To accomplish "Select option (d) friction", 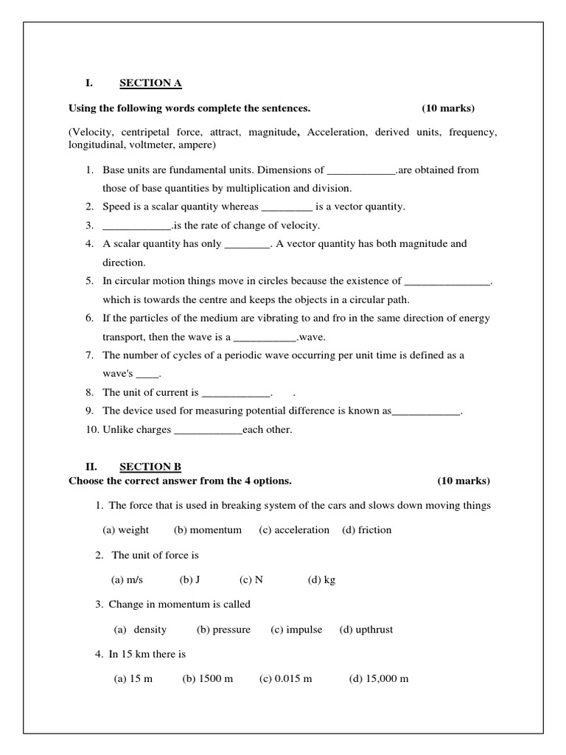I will [367, 530].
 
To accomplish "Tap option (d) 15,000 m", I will [379, 679].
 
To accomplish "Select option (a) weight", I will [125, 530].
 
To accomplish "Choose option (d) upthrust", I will [366, 630].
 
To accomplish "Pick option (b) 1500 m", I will [208, 679].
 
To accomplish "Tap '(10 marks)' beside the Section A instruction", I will [448, 108].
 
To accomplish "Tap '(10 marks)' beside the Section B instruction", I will [464, 481].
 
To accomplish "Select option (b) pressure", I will [224, 630].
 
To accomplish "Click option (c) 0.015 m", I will [286, 679].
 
